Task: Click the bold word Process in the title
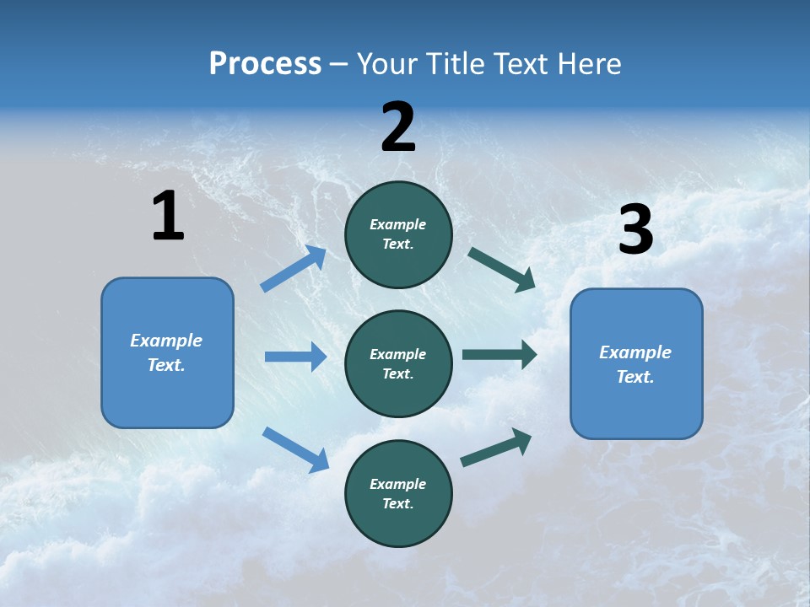[265, 64]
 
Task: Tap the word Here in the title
[583, 64]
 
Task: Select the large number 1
[168, 216]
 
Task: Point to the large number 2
[398, 127]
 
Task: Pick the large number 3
[635, 230]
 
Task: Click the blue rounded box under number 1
[167, 352]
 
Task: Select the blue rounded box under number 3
[636, 363]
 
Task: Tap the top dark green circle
[398, 234]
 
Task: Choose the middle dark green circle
[398, 363]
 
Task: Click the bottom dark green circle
[398, 493]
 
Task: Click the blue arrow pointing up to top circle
[294, 269]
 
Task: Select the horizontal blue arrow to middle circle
[295, 357]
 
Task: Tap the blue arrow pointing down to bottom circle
[295, 449]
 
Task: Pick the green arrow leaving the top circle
[501, 269]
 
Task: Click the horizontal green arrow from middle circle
[499, 355]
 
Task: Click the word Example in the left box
[166, 341]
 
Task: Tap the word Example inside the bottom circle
[398, 484]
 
